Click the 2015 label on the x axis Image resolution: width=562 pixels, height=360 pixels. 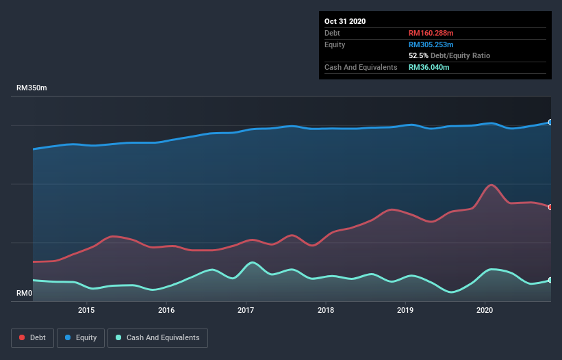click(x=86, y=310)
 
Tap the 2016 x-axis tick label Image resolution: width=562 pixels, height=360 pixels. click(x=166, y=310)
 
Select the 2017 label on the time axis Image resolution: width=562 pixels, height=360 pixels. click(x=246, y=310)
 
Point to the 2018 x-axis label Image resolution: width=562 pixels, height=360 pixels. click(x=326, y=310)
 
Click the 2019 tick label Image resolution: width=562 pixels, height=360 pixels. click(x=405, y=310)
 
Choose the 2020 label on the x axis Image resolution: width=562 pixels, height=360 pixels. click(x=485, y=310)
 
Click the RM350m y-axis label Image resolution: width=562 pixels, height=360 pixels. click(x=31, y=88)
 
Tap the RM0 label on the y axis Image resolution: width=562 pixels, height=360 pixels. click(x=24, y=294)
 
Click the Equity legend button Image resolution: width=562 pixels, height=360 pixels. click(x=81, y=337)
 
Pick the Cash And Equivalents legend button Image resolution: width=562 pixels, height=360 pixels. click(x=157, y=337)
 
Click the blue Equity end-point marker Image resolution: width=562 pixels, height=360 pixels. click(x=550, y=123)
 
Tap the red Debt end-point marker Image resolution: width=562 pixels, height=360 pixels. click(x=550, y=207)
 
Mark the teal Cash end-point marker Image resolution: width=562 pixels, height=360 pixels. click(x=550, y=280)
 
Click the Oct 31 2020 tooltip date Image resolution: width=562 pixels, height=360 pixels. click(x=345, y=21)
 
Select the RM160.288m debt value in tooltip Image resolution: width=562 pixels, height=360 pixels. click(x=431, y=33)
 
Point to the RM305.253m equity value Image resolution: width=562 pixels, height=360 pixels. click(x=431, y=44)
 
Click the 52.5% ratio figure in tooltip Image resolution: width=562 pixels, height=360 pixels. click(x=418, y=55)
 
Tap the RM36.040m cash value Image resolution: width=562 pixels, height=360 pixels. click(x=429, y=67)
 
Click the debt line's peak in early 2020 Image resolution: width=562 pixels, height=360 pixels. click(x=490, y=185)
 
